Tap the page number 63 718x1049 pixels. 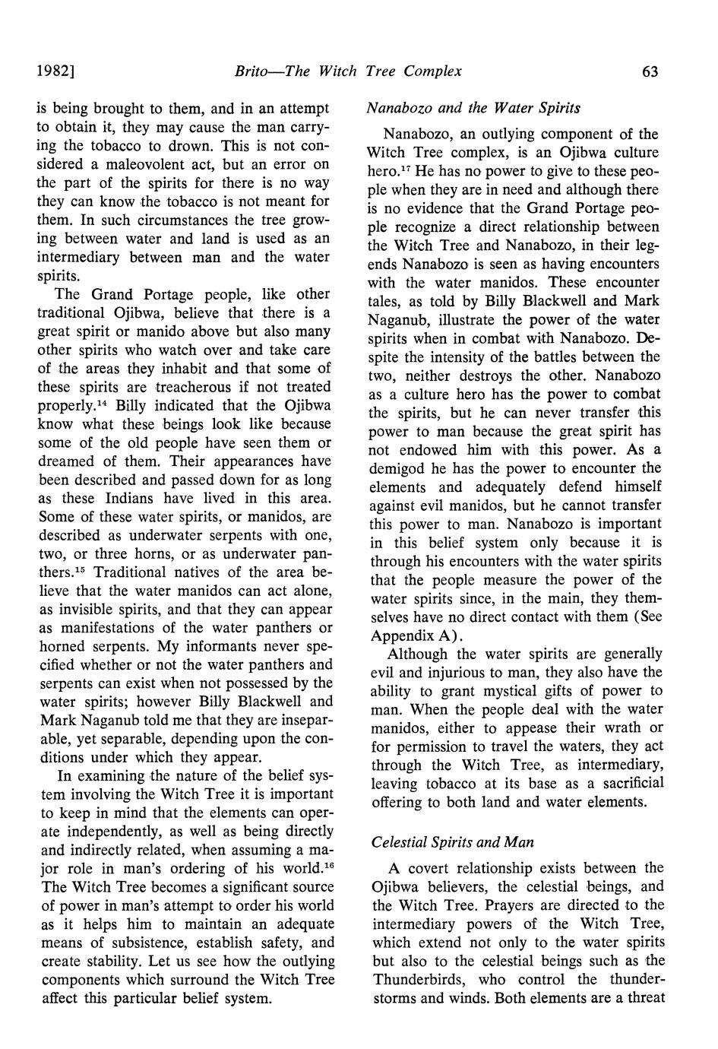point(650,71)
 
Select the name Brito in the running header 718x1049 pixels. point(251,71)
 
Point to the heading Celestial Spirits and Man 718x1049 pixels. point(453,842)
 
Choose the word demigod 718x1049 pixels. point(403,468)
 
